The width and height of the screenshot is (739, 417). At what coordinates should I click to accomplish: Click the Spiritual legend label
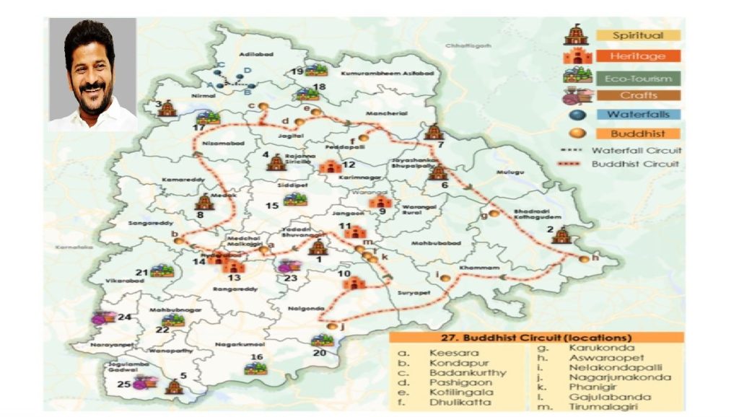point(637,35)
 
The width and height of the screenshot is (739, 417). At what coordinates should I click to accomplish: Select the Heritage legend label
point(637,56)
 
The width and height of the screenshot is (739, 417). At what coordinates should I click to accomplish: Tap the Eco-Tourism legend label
point(637,78)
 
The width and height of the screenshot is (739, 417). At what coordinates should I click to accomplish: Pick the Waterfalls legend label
point(637,114)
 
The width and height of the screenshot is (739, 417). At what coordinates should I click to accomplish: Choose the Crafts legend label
point(637,95)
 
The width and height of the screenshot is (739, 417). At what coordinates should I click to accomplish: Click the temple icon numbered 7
point(433,131)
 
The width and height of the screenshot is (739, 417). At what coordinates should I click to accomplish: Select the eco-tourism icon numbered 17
point(209,115)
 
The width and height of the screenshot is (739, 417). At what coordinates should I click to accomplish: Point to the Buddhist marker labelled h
point(583,259)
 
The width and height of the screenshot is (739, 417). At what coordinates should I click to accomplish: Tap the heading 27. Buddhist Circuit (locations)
point(536,337)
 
